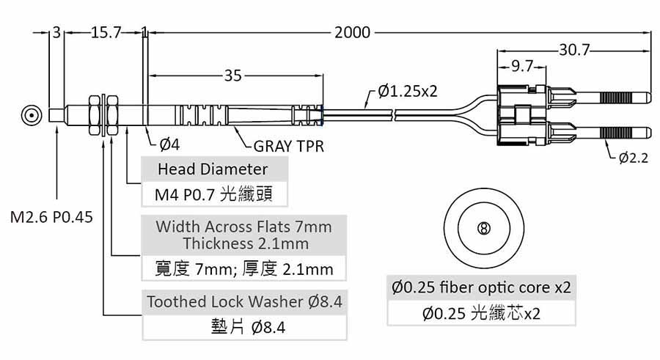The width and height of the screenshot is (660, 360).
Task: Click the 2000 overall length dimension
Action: (x=352, y=33)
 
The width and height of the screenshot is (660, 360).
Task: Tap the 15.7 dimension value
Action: (x=105, y=33)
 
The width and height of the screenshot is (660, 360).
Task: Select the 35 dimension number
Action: (x=232, y=75)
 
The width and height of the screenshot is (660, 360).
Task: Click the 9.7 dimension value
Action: (x=522, y=66)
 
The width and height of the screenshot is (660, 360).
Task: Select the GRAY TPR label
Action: (x=289, y=146)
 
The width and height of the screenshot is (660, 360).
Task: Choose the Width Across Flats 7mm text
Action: (x=243, y=227)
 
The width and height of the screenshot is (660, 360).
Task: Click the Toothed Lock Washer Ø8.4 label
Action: (x=245, y=301)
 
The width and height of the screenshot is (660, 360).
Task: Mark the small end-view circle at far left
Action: (x=31, y=116)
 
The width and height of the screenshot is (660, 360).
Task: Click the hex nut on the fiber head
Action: (x=93, y=116)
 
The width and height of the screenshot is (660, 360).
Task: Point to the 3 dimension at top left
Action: (x=56, y=33)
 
